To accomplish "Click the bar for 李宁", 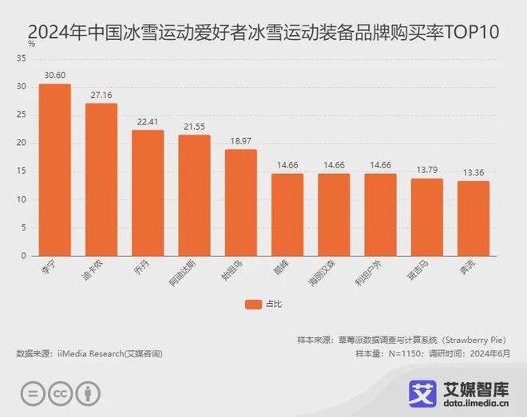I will click(x=54, y=170).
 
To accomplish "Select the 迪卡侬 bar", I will click(x=101, y=179).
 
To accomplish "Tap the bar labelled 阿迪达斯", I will click(x=194, y=195).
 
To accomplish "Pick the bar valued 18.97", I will click(x=240, y=203).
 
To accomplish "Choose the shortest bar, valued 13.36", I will click(x=473, y=218).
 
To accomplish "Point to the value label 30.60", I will click(x=54, y=76).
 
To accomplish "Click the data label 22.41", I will click(x=148, y=122).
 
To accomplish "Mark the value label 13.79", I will click(x=426, y=171).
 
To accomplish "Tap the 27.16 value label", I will click(x=101, y=95).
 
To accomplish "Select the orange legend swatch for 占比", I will click(x=253, y=304).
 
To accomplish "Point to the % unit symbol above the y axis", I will click(x=31, y=45).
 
